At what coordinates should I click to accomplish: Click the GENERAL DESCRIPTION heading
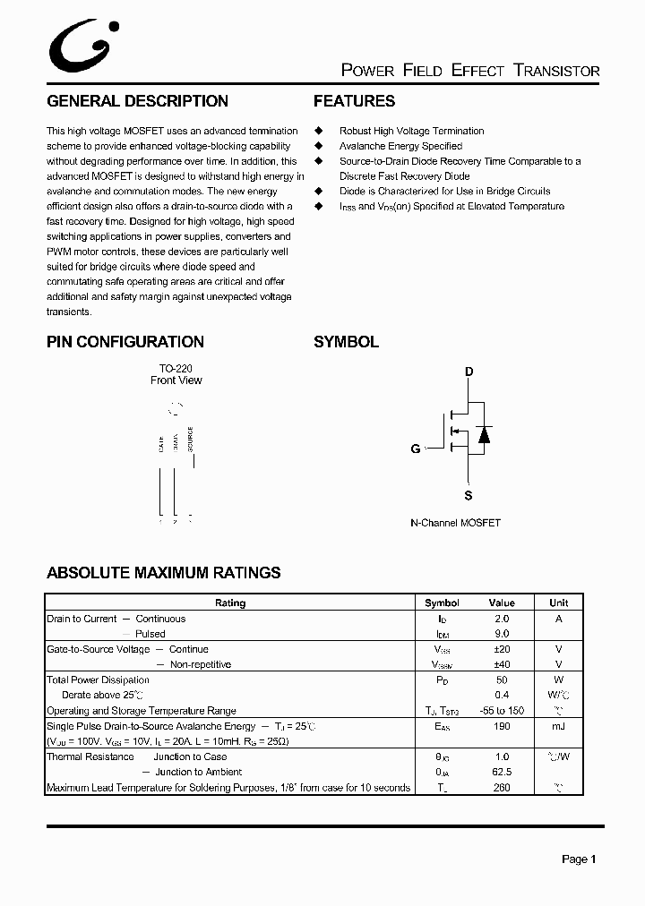137,101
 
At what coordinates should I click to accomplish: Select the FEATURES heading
354,101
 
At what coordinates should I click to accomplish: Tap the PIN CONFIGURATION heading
125,342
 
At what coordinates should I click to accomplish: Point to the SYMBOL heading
346,342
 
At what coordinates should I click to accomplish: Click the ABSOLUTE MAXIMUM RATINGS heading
163,573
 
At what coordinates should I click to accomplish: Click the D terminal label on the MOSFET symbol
469,372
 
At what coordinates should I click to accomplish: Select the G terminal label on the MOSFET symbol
416,449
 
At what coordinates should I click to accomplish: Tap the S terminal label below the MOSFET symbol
468,495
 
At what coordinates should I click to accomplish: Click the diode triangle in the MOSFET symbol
484,435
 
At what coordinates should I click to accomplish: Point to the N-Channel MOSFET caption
455,523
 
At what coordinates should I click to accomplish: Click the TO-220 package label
176,368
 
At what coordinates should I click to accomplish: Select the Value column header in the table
502,603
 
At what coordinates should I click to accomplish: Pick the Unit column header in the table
558,603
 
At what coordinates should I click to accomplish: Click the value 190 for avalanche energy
502,726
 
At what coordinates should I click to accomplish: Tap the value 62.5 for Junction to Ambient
502,772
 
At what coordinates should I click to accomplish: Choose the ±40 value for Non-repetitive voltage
502,664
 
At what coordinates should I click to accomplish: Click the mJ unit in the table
558,726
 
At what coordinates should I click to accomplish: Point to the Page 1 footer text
579,859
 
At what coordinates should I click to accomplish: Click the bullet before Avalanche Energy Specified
317,146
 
